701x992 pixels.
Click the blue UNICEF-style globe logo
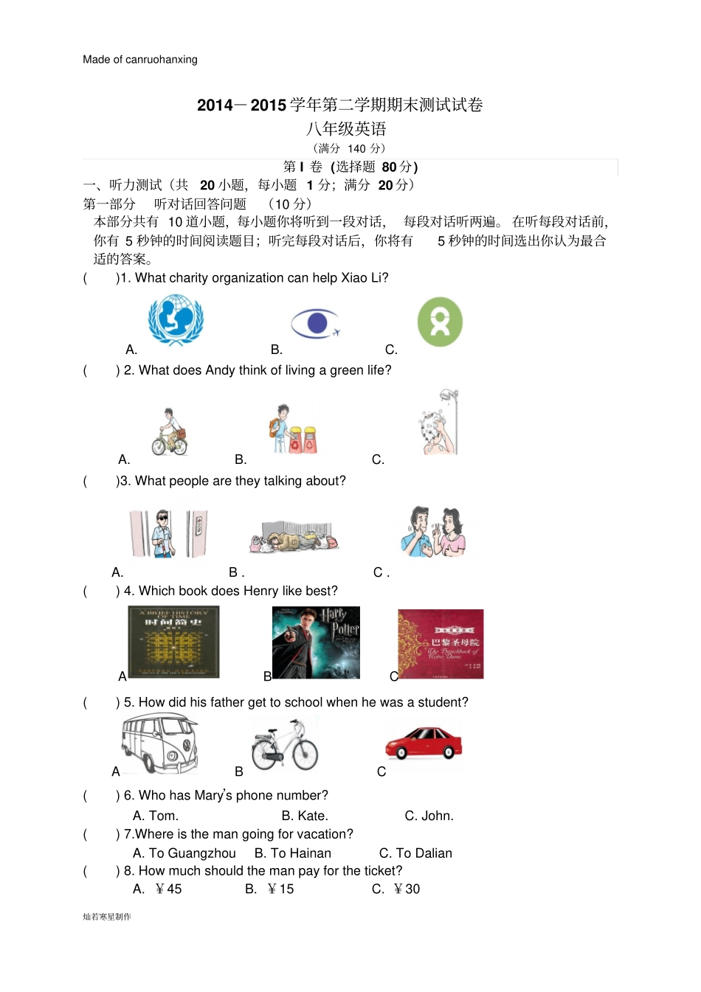pyautogui.click(x=176, y=320)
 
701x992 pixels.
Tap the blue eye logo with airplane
pyautogui.click(x=315, y=323)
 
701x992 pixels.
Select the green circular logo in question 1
pyautogui.click(x=440, y=322)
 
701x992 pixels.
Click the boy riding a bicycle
pyautogui.click(x=170, y=431)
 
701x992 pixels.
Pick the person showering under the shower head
pyautogui.click(x=440, y=423)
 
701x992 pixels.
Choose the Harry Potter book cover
pyautogui.click(x=316, y=642)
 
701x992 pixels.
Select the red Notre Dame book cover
pyautogui.click(x=441, y=644)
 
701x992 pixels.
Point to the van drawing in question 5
pyautogui.click(x=160, y=743)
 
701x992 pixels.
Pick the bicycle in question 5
pyautogui.click(x=284, y=745)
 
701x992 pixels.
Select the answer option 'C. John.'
pyautogui.click(x=429, y=816)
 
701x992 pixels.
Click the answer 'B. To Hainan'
pyautogui.click(x=293, y=853)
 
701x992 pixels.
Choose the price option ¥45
pyautogui.click(x=157, y=889)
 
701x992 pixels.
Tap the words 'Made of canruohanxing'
pyautogui.click(x=140, y=60)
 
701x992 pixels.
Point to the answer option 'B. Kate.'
pyautogui.click(x=305, y=816)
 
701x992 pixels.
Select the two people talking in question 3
pyautogui.click(x=434, y=532)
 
